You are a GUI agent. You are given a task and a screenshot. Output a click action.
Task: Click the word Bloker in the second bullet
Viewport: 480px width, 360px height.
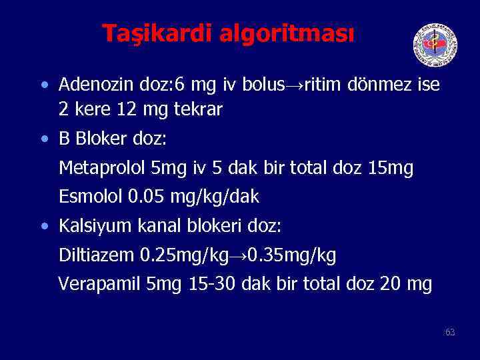pyautogui.click(x=99, y=139)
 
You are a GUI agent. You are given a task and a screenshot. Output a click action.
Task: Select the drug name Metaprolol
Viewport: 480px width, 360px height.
pyautogui.click(x=103, y=169)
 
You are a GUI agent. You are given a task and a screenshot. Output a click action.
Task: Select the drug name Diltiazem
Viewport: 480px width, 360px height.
pyautogui.click(x=97, y=255)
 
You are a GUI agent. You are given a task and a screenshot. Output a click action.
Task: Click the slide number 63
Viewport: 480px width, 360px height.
pyautogui.click(x=450, y=332)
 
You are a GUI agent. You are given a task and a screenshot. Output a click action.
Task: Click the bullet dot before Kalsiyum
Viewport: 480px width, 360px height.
pyautogui.click(x=44, y=226)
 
